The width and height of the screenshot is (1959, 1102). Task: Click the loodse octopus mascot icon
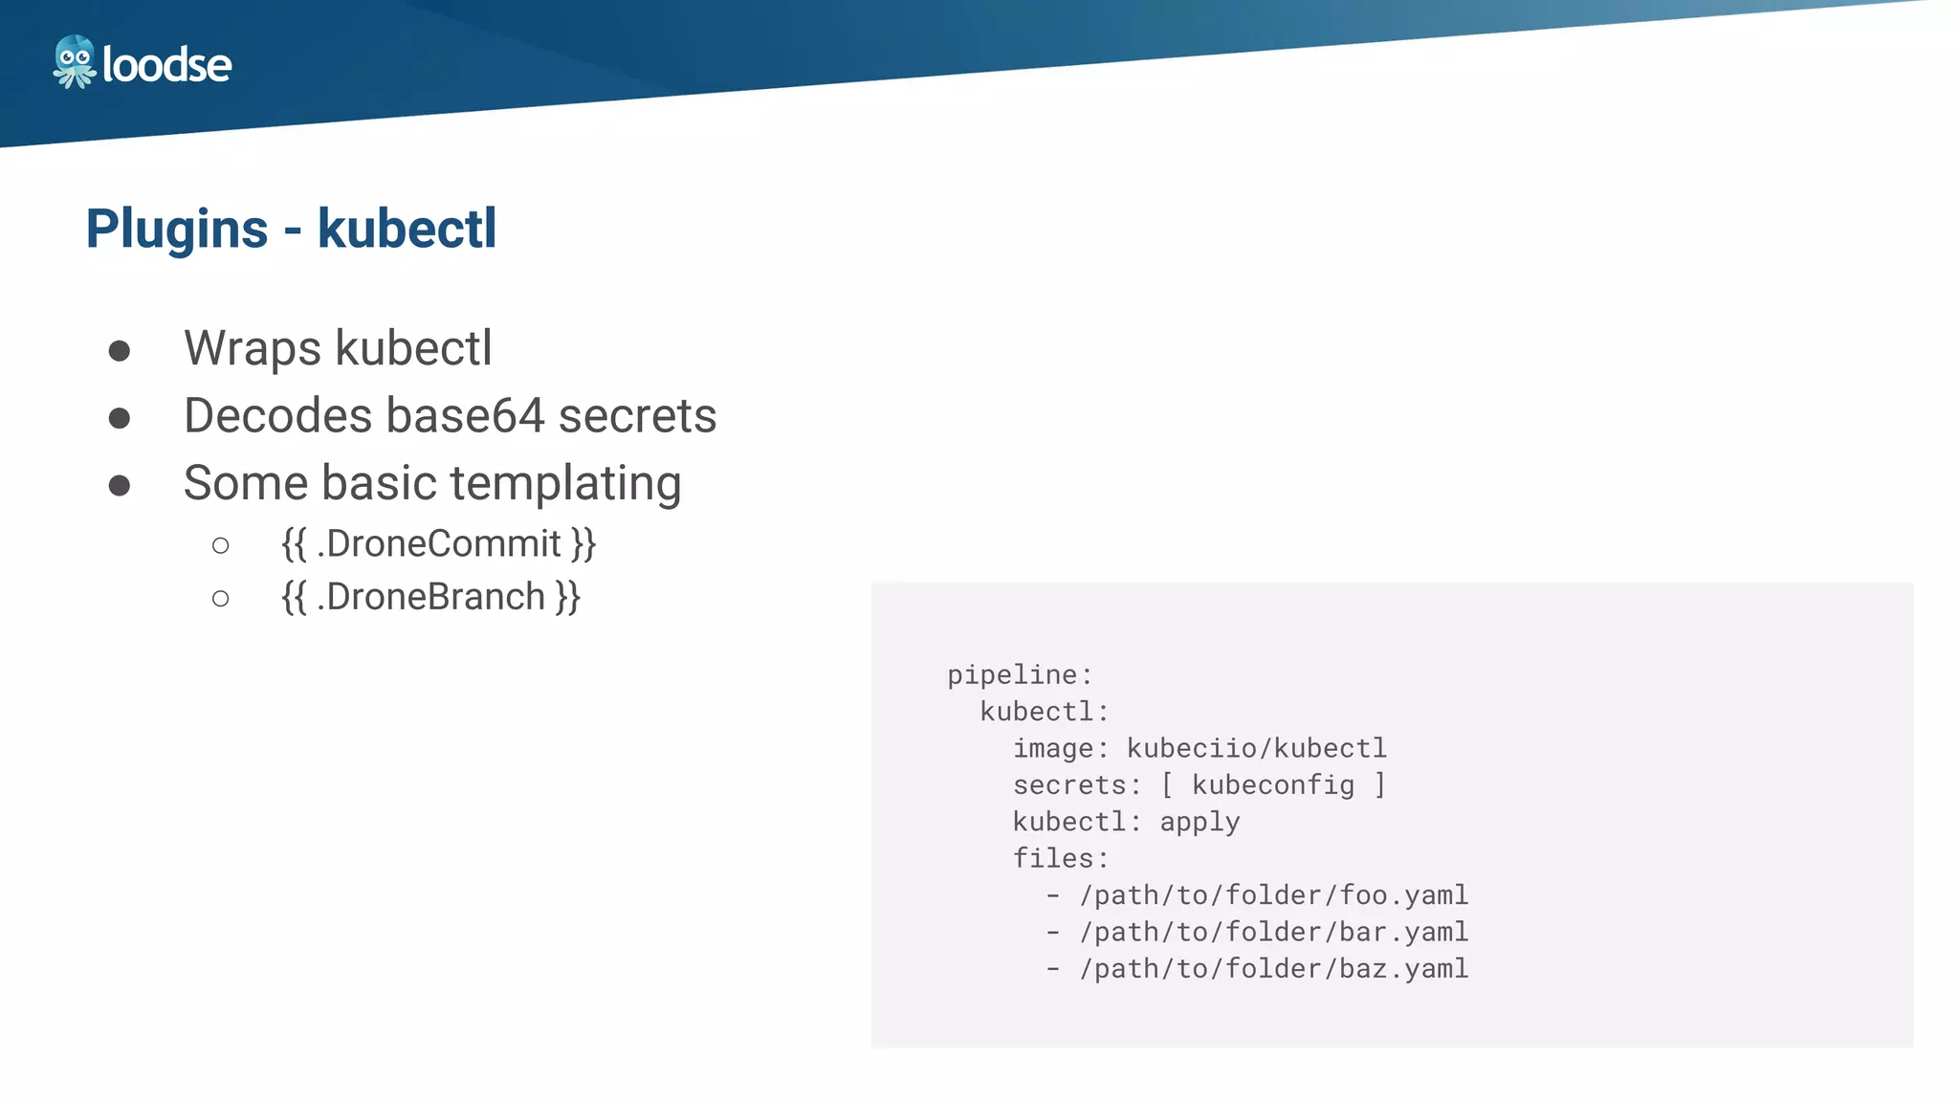pos(75,62)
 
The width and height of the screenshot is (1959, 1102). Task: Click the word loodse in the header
pos(166,65)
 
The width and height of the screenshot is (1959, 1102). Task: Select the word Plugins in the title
pos(177,230)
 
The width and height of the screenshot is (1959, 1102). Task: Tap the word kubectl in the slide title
pos(407,230)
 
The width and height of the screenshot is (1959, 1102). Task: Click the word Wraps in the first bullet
pos(252,349)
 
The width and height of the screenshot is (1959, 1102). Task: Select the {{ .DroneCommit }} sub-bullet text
pos(438,543)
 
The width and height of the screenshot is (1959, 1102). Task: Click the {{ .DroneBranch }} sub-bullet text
pos(430,597)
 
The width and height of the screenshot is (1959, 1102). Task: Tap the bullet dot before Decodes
pos(120,418)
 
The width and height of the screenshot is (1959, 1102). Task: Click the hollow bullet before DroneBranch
pos(221,599)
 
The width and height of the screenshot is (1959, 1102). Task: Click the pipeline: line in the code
pos(1020,675)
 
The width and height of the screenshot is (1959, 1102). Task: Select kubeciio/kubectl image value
pos(1256,748)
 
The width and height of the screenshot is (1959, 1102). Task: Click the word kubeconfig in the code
pos(1273,785)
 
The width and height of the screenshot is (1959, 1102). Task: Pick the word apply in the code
pos(1200,822)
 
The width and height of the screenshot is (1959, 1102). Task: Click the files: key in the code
pos(1061,858)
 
